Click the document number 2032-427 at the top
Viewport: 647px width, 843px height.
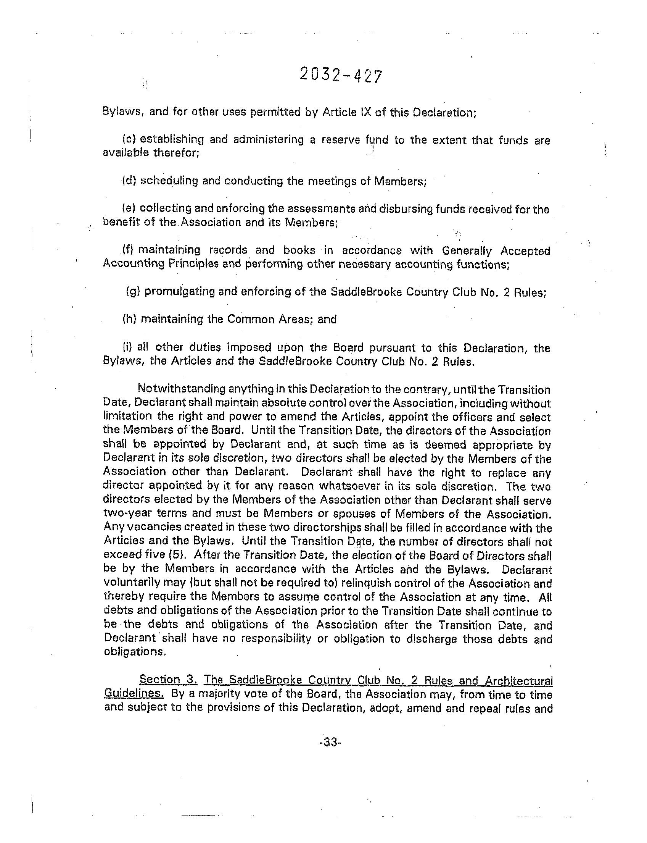[340, 76]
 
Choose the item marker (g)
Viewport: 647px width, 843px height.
[133, 291]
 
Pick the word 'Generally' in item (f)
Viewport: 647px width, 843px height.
[467, 251]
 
